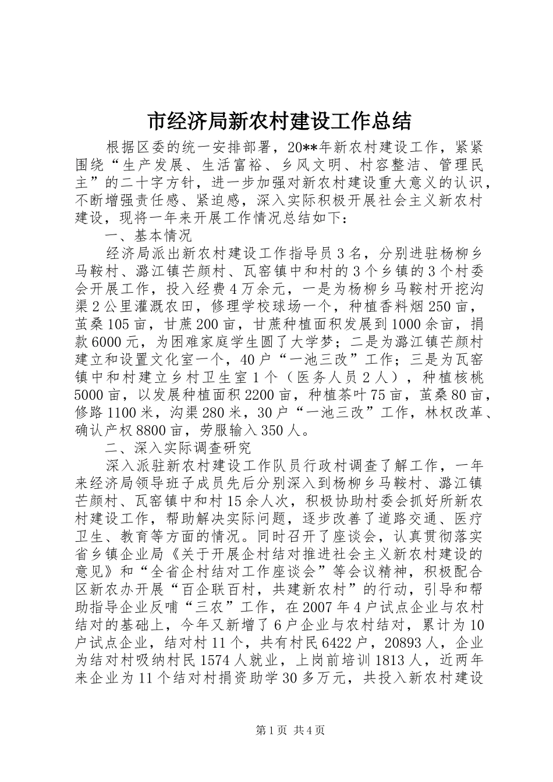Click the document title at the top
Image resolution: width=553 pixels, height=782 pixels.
pyautogui.click(x=276, y=121)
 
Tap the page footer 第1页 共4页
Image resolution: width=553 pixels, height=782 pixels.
pyautogui.click(x=276, y=729)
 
